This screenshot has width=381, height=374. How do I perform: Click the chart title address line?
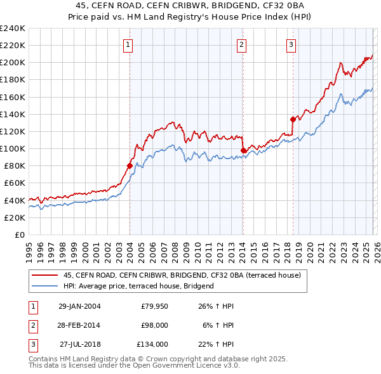click(x=190, y=6)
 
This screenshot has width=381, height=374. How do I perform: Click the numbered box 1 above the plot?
click(x=129, y=44)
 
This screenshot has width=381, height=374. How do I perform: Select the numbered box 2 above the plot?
click(x=242, y=44)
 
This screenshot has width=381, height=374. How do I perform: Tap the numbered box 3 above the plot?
click(x=291, y=44)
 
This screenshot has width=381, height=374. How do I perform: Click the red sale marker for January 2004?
click(x=130, y=165)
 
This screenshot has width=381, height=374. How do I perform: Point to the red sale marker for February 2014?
click(x=243, y=150)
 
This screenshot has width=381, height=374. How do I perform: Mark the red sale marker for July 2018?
click(x=293, y=119)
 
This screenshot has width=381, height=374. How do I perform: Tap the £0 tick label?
click(x=20, y=235)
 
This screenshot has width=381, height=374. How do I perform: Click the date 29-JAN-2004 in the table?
click(x=79, y=307)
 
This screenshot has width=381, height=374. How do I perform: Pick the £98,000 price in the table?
click(x=154, y=325)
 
